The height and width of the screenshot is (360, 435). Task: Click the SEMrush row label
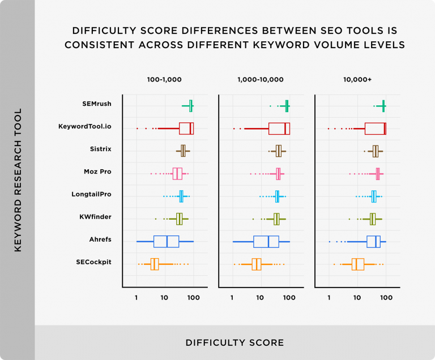96,104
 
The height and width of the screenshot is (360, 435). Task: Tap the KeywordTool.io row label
85,126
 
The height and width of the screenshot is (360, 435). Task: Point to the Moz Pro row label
97,172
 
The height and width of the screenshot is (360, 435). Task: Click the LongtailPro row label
91,194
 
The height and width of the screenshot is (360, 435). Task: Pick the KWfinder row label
95,217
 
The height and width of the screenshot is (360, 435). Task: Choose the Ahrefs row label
100,239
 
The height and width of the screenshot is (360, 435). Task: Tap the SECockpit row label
93,262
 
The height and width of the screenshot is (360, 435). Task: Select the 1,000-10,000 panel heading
261,80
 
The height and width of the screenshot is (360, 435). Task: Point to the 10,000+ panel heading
357,80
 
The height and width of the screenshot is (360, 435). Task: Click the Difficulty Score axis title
234,342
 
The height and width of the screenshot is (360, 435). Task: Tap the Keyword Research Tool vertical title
18,179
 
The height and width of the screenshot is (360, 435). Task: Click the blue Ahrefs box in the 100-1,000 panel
166,241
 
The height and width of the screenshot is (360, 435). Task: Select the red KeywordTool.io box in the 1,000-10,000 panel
279,128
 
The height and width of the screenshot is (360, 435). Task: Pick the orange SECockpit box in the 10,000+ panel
357,264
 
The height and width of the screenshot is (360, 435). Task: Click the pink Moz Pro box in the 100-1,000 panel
177,174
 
